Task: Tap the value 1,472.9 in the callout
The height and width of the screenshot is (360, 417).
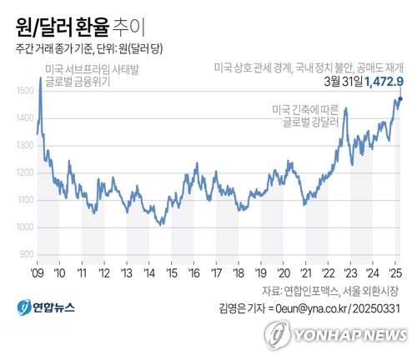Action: pyautogui.click(x=384, y=81)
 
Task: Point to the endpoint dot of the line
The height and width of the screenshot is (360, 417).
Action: pyautogui.click(x=400, y=99)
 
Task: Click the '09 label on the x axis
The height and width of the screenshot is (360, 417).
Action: pyautogui.click(x=37, y=272)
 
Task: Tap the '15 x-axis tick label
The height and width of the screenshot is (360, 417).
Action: pyautogui.click(x=171, y=272)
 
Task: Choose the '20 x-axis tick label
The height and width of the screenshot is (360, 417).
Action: pyautogui.click(x=284, y=272)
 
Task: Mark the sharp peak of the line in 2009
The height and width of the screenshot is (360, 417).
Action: pyautogui.click(x=40, y=77)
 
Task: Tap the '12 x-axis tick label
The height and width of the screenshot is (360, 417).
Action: pyautogui.click(x=104, y=272)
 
